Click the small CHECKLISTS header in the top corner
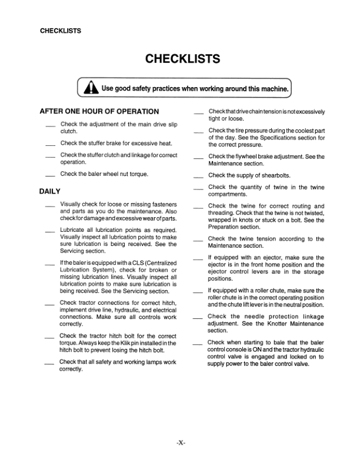(x=60, y=31)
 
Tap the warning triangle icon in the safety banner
(x=91, y=89)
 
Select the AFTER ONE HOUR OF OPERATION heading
(x=99, y=111)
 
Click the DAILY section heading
(x=51, y=191)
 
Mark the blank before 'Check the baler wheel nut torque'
(x=50, y=176)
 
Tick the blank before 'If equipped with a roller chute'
(x=199, y=292)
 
